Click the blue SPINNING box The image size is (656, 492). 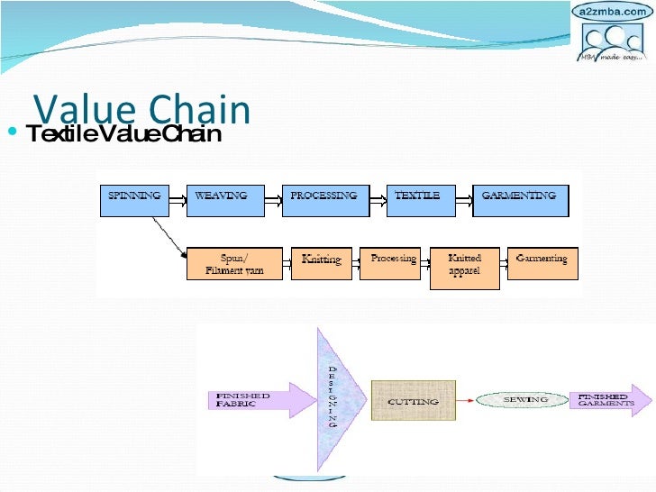135,200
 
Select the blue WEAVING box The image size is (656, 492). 222,200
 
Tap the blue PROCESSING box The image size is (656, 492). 323,200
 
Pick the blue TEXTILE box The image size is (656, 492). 417,200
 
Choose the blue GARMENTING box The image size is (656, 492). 519,200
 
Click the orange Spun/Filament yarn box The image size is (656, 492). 234,263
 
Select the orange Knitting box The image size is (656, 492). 322,261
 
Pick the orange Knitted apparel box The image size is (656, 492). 465,267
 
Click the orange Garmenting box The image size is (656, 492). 542,261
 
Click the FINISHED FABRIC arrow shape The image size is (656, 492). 249,399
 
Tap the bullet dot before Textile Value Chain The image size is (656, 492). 11,134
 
